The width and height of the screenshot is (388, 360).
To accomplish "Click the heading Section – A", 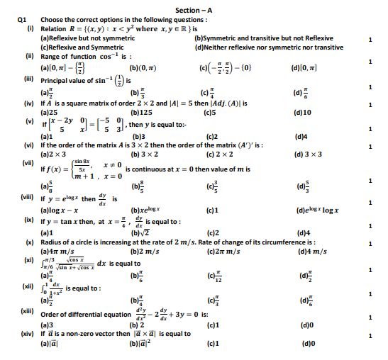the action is pyautogui.click(x=194, y=9).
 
